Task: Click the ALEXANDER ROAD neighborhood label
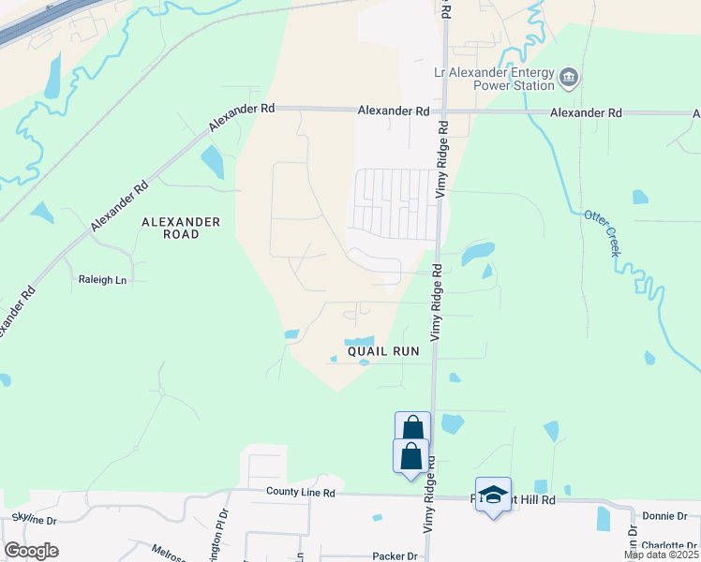181,228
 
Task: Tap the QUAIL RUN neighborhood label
382,352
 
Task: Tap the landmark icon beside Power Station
569,78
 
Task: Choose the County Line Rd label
306,491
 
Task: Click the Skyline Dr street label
35,517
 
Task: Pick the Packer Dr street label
394,555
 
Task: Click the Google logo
31,551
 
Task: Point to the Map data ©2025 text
661,555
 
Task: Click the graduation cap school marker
493,493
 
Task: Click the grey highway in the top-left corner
37,22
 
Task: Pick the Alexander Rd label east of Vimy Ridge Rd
587,112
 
